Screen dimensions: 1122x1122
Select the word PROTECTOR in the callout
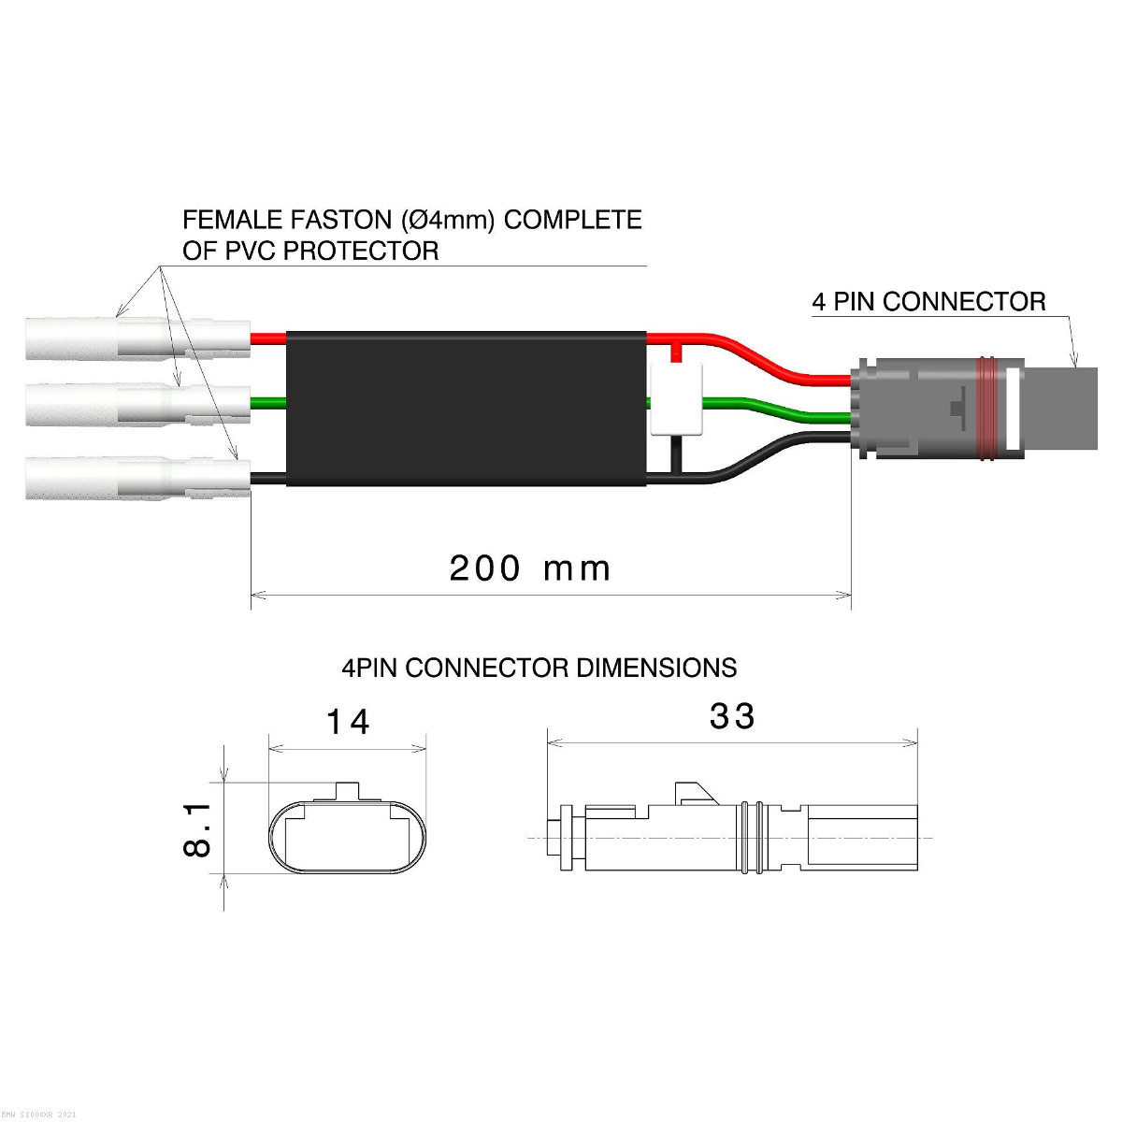pos(361,251)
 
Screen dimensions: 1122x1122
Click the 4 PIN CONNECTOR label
pos(928,302)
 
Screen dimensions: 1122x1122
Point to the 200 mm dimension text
pos(529,568)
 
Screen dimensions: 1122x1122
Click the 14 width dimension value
pos(348,722)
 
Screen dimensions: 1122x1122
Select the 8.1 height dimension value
pos(197,829)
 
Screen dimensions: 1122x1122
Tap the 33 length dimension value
pos(732,716)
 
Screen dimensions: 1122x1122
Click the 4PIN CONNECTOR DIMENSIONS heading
pos(539,668)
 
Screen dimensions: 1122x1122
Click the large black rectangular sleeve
pos(466,409)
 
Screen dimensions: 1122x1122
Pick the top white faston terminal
pos(138,338)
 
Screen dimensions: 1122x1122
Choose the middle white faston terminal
pos(138,404)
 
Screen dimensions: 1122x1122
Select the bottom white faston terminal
pos(138,479)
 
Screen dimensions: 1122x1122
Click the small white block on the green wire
pos(676,399)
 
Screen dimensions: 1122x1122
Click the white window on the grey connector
pos(1014,410)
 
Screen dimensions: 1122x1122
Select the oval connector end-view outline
pos(347,837)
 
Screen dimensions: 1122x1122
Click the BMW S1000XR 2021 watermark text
pos(39,1115)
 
